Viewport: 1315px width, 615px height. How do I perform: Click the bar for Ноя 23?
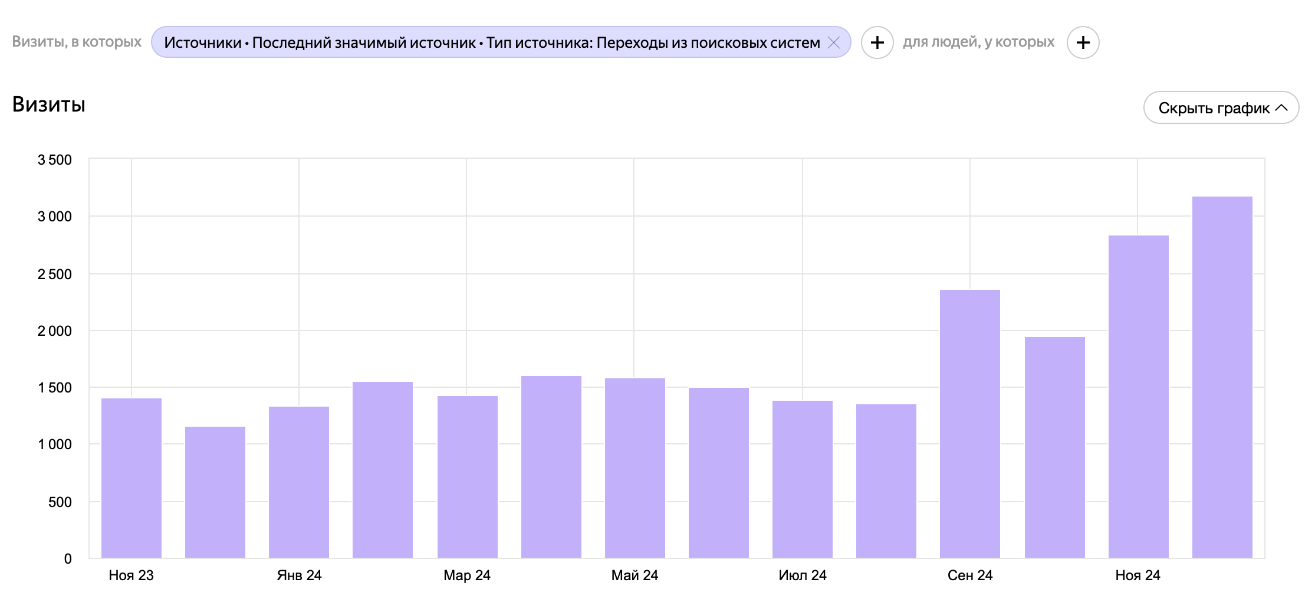point(131,478)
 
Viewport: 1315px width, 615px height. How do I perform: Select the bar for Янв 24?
point(299,482)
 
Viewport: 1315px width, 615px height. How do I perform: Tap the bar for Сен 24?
point(970,424)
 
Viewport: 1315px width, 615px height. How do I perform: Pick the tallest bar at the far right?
point(1222,377)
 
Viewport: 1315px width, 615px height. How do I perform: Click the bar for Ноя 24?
point(1139,397)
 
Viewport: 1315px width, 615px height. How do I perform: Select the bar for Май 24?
point(635,468)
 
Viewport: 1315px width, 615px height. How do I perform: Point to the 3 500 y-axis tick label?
point(55,160)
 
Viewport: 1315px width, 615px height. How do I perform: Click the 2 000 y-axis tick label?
point(55,331)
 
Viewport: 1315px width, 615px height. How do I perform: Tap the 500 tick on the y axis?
point(60,502)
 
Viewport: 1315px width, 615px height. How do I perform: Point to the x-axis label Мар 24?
point(467,575)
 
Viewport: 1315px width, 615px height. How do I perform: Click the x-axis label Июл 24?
point(803,575)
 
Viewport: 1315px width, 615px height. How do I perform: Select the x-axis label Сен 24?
point(970,575)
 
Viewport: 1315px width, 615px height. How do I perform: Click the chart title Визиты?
point(49,104)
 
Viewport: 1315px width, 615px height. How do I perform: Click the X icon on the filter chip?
point(834,42)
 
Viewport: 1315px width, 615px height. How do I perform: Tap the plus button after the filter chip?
point(877,42)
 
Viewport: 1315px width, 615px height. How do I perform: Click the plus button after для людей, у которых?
point(1083,42)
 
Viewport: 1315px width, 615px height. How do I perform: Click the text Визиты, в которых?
point(77,42)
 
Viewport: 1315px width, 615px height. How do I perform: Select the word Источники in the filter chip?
point(203,42)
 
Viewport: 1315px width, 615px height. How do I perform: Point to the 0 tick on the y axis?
point(68,559)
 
